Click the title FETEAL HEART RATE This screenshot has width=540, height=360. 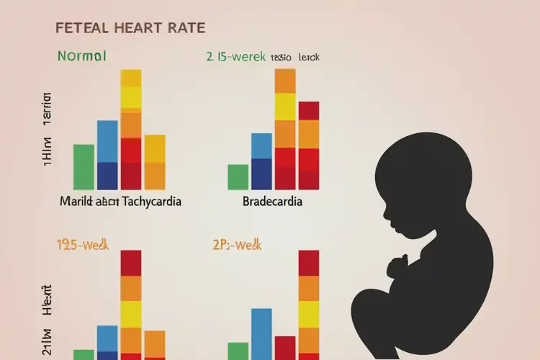coord(130,29)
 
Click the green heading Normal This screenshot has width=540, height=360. coord(81,55)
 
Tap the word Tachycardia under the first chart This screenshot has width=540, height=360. coord(152,202)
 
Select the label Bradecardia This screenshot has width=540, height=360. coord(273,202)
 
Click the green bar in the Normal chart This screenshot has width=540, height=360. coord(84,166)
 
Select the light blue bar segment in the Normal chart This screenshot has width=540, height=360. coord(107,141)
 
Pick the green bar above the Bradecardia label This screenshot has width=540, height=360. coord(238,176)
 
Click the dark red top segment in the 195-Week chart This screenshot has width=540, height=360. coord(131,263)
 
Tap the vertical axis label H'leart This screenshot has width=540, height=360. coord(48,302)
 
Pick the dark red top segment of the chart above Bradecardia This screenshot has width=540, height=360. coord(308,111)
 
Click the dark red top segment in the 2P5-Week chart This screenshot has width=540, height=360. coord(308,263)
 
